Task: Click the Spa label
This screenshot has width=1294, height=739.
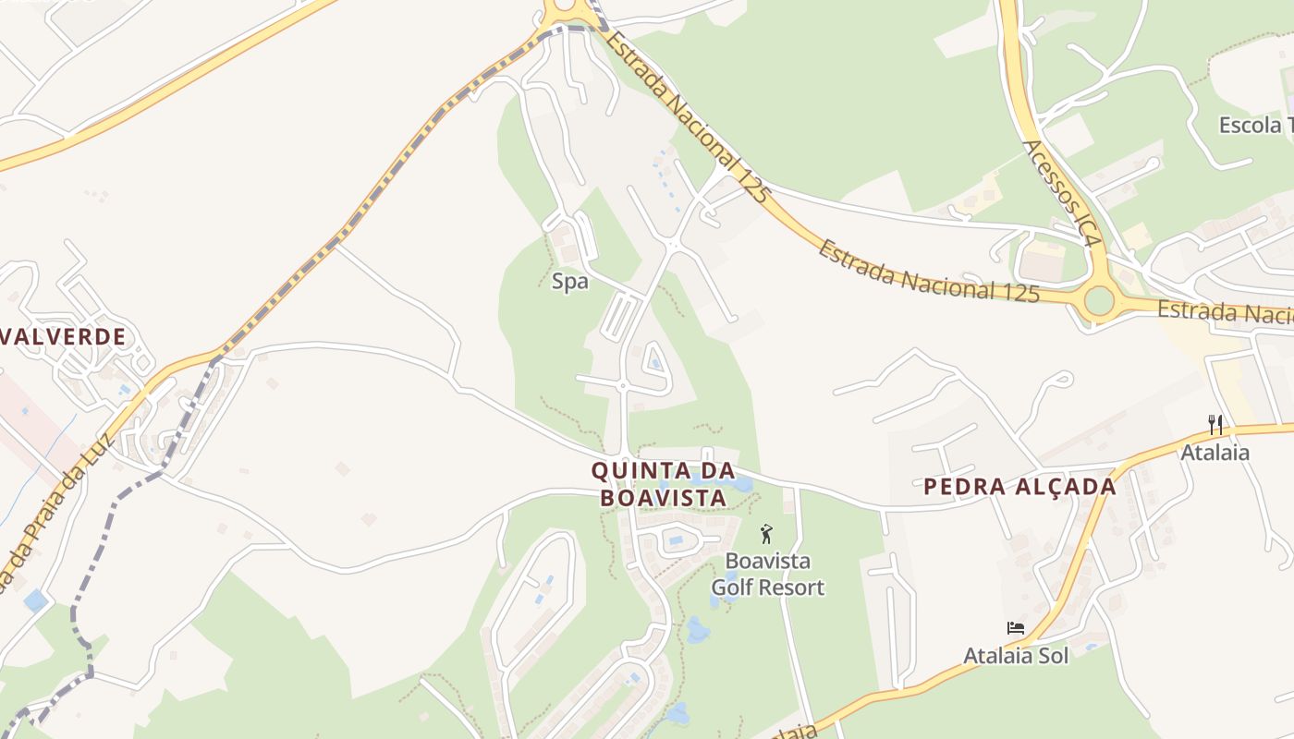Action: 569,282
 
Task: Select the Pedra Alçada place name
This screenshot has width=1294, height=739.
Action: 1019,487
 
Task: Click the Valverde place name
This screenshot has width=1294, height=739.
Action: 62,336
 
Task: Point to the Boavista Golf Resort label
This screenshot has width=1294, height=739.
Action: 767,574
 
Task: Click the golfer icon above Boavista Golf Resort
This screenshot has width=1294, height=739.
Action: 765,534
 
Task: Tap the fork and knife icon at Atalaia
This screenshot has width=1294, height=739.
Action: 1215,425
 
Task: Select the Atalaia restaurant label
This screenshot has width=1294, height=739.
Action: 1215,453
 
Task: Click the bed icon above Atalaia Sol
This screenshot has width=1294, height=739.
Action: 1016,628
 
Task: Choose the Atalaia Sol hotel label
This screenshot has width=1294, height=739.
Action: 1016,656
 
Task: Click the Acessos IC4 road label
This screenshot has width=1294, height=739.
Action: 1063,193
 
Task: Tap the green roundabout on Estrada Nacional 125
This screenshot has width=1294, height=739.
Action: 1098,300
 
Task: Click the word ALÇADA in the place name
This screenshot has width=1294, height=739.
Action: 1064,487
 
